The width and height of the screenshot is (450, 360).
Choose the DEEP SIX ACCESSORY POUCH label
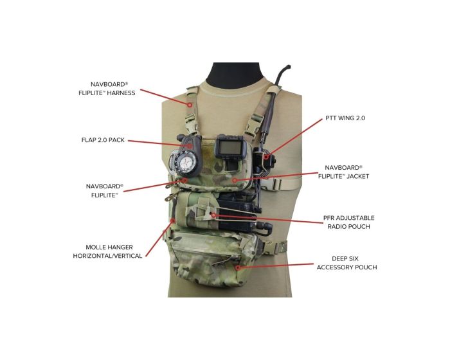pyautogui.click(x=346, y=262)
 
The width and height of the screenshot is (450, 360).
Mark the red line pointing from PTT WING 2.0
pyautogui.click(x=296, y=136)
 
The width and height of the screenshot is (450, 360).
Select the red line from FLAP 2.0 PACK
pyautogui.click(x=161, y=142)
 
